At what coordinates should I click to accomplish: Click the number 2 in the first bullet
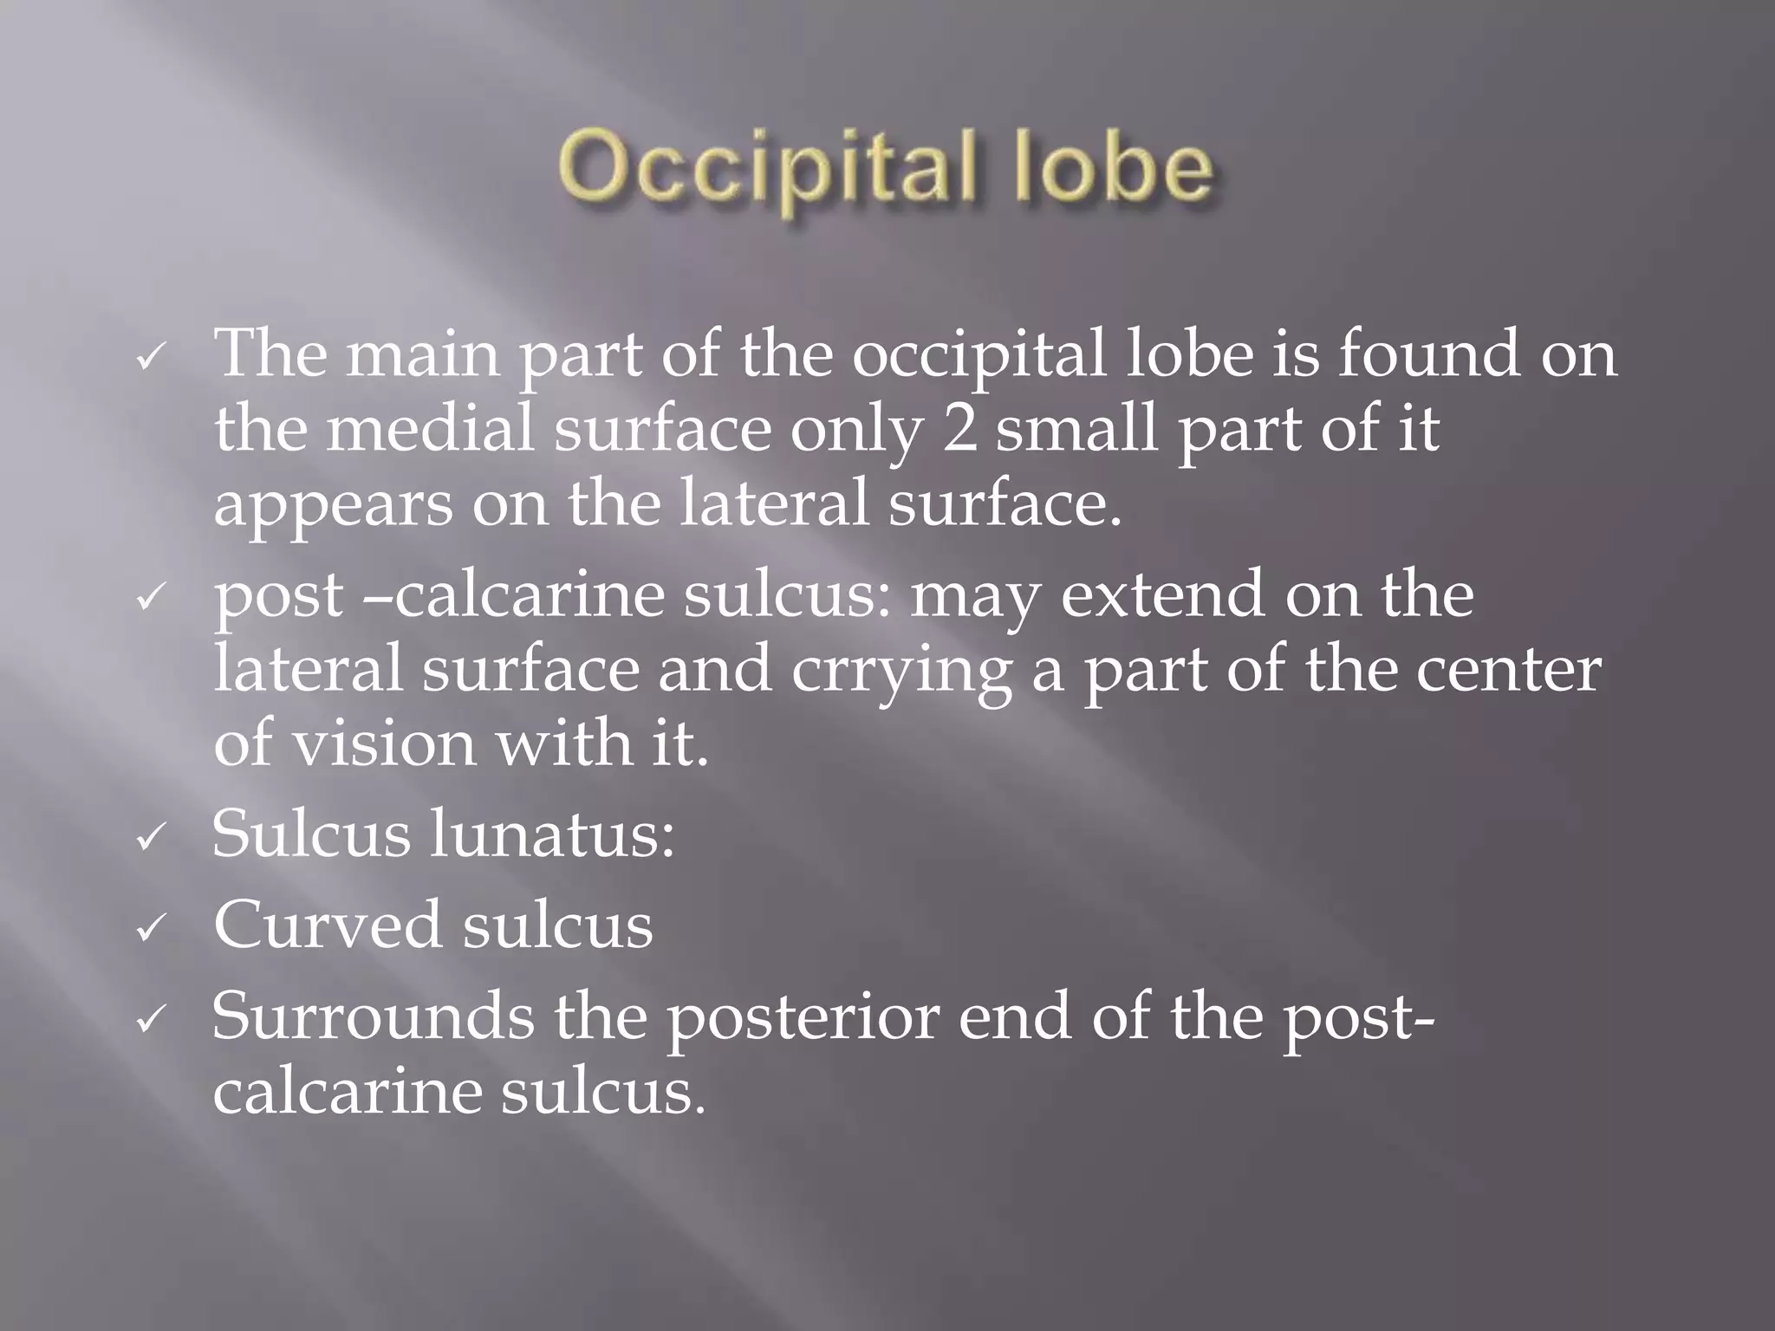(959, 429)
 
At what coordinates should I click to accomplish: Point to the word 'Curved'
(327, 925)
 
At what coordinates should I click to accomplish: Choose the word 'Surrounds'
(373, 1016)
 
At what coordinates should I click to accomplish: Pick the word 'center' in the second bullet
(1509, 670)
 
